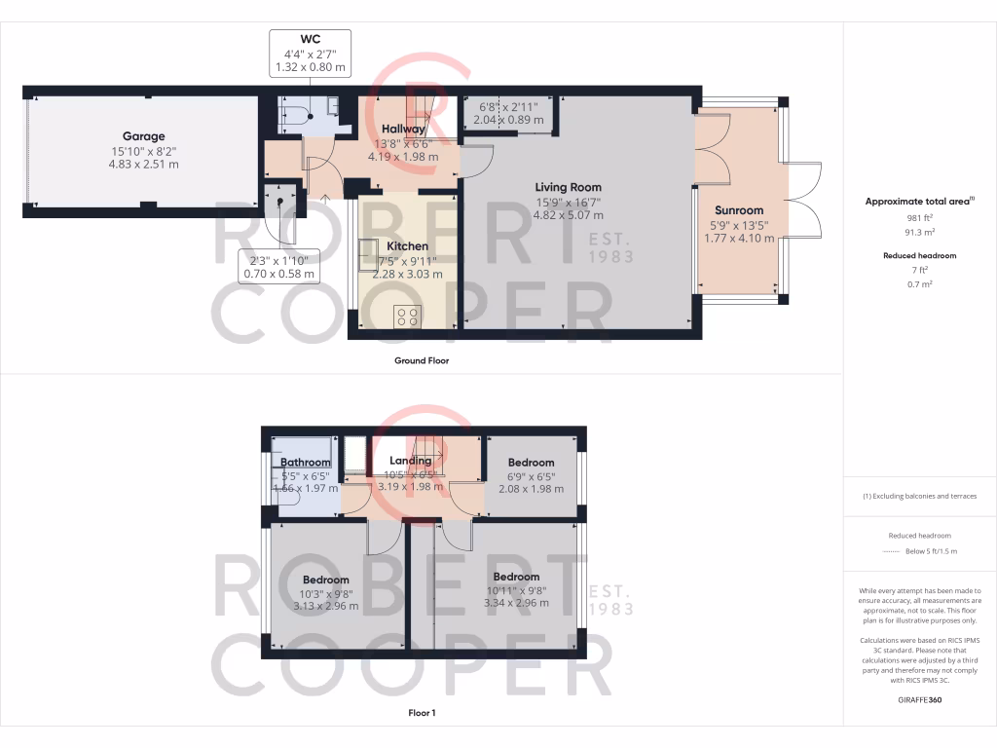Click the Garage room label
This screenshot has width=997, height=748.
tap(143, 136)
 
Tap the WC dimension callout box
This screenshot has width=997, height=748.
tap(311, 53)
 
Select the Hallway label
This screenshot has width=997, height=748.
tap(402, 129)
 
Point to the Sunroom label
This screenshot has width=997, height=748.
tap(739, 209)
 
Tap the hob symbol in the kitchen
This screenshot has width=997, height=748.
tap(408, 317)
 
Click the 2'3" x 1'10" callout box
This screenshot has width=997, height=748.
tap(278, 266)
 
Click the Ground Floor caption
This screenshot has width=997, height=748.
tap(421, 360)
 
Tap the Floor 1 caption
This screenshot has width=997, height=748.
tap(421, 713)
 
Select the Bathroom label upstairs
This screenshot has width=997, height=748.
tap(306, 463)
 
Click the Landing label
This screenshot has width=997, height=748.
tap(410, 461)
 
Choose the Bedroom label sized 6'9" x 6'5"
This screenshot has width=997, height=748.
tap(531, 463)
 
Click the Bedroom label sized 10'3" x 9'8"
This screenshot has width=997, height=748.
tap(325, 580)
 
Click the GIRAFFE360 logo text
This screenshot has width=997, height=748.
tap(919, 700)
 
